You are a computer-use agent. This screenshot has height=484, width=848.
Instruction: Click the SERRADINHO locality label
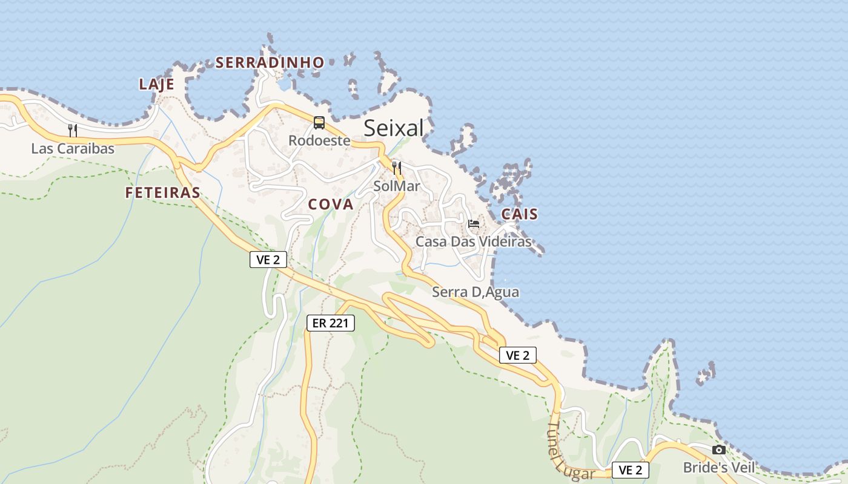[270, 62]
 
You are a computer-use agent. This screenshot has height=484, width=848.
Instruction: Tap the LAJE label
[156, 84]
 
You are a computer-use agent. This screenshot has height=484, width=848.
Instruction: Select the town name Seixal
[394, 128]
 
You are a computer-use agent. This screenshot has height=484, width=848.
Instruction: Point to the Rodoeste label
[319, 140]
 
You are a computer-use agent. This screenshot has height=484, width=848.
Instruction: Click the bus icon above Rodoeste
[319, 123]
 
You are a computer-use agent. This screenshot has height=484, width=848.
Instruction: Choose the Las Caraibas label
[73, 148]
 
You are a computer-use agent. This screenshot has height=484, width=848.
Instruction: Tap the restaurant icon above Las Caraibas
[73, 130]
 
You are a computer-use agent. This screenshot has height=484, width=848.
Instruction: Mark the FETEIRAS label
[162, 193]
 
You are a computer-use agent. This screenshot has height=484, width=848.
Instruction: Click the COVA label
[331, 204]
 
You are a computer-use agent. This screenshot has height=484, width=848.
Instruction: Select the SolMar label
[397, 186]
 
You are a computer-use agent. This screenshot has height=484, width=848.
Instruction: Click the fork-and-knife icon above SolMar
[397, 168]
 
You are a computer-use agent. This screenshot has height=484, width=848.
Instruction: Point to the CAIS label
[520, 214]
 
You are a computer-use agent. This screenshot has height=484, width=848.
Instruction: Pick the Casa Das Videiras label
[473, 242]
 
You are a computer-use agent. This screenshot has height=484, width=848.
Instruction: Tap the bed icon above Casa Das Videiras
[474, 224]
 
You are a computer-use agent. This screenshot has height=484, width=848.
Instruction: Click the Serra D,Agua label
[475, 292]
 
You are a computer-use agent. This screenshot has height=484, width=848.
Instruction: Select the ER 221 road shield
[330, 323]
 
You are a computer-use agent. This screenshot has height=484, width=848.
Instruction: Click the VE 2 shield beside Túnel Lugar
[631, 470]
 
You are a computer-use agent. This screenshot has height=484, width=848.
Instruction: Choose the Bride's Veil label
[719, 468]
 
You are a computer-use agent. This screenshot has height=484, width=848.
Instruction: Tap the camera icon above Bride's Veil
[719, 450]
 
